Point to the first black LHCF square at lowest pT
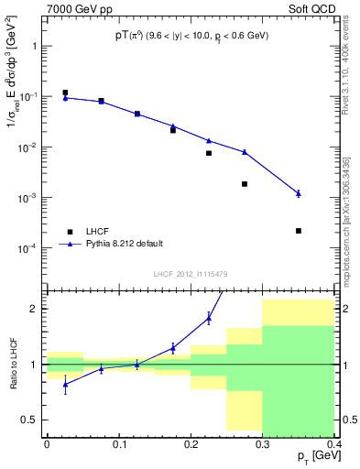tap(65, 93)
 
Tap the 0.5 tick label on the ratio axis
tap(32, 420)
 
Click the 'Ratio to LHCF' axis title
tap(12, 364)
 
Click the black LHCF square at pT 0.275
tap(245, 184)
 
